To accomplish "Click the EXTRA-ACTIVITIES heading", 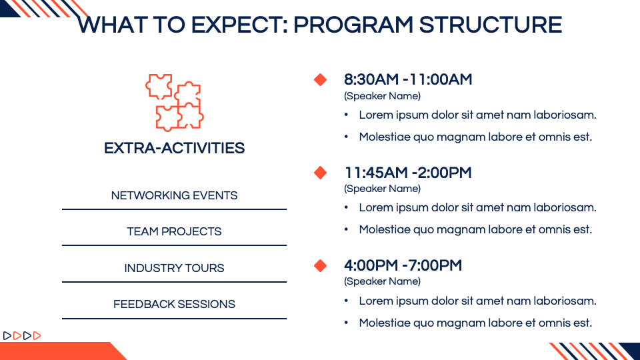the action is [x=174, y=148].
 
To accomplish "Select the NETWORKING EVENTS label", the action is [x=174, y=195].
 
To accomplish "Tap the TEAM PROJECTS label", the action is [x=174, y=231].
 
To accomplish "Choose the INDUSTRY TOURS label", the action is [x=174, y=268].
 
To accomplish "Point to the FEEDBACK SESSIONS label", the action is [x=174, y=304].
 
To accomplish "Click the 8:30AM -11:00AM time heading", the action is [x=408, y=79].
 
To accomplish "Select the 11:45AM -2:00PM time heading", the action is [x=408, y=173].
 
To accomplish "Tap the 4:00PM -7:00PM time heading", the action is [x=403, y=266].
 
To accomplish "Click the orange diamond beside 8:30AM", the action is [x=321, y=79].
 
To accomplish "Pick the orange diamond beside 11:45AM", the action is [x=321, y=173].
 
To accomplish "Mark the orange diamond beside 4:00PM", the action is [x=321, y=266].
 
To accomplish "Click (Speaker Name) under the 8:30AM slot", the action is [x=382, y=96].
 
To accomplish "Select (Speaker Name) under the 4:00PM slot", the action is [x=382, y=281].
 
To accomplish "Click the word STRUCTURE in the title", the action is [x=491, y=25].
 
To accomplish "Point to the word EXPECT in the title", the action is [x=239, y=25].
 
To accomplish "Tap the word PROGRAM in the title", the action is [x=353, y=25].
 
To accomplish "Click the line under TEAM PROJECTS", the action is [x=174, y=245].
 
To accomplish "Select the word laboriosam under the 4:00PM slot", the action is [x=565, y=301].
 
